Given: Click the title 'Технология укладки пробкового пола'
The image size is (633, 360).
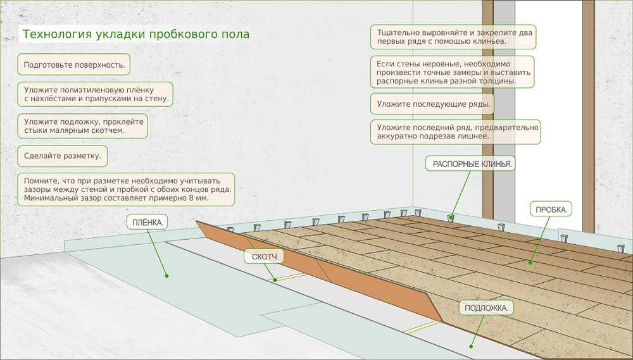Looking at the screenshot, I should [x=135, y=34].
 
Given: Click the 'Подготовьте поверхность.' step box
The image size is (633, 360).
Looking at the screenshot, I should [x=74, y=65].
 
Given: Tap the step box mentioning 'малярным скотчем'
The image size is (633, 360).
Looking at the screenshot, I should [x=82, y=125].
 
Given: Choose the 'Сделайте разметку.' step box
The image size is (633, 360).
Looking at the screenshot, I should [x=62, y=156].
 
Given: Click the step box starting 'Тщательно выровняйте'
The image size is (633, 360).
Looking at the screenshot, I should [x=452, y=36].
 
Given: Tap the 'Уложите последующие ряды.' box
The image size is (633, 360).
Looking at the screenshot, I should [x=434, y=104].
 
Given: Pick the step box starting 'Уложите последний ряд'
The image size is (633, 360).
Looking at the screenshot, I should [x=455, y=131].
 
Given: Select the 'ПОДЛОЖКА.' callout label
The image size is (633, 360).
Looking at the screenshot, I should [x=486, y=308].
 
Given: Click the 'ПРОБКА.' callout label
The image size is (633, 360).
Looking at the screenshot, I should [x=550, y=209].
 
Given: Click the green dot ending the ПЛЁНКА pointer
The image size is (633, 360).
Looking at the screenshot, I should [x=166, y=276].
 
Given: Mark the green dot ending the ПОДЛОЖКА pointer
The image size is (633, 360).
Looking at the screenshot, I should [x=470, y=346].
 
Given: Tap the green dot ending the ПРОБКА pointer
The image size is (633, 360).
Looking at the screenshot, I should [x=531, y=261].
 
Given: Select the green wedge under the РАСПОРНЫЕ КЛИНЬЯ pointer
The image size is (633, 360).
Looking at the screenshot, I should [x=451, y=218].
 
